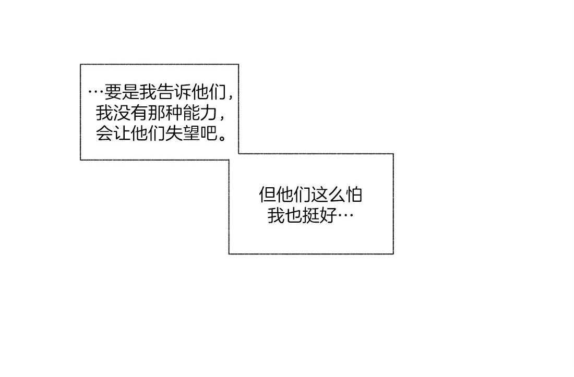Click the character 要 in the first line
point(113,92)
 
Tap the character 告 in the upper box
point(166,92)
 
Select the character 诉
point(183,92)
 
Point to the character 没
point(122,113)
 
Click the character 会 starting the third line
point(104,134)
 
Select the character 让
point(122,134)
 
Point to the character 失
point(174,134)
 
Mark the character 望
point(192,134)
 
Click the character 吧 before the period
point(209,134)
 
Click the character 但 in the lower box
point(267,195)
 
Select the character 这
point(319,195)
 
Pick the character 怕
point(354,195)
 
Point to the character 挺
point(311,216)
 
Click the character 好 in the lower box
point(328,216)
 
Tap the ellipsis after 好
point(345,216)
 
